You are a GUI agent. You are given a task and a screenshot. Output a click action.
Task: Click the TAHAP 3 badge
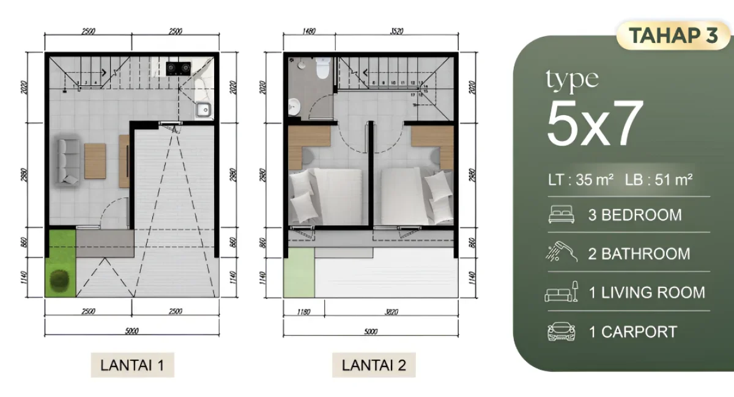click(x=673, y=36)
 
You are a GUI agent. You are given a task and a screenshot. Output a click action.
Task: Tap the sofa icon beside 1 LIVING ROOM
click(x=561, y=292)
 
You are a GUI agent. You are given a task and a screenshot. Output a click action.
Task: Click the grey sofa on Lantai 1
click(x=68, y=161)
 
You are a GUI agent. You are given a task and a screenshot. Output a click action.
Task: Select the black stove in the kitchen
click(x=178, y=67)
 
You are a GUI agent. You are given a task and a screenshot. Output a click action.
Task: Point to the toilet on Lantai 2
click(x=322, y=67)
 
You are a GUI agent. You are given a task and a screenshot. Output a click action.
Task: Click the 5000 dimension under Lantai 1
click(x=132, y=331)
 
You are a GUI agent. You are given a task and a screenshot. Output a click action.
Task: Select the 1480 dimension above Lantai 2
click(x=309, y=31)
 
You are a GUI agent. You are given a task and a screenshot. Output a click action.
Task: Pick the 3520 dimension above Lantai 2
click(x=398, y=31)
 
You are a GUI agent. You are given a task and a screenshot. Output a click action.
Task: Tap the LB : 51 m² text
click(x=659, y=180)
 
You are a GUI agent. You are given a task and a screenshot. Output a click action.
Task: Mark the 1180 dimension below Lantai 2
click(x=302, y=311)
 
